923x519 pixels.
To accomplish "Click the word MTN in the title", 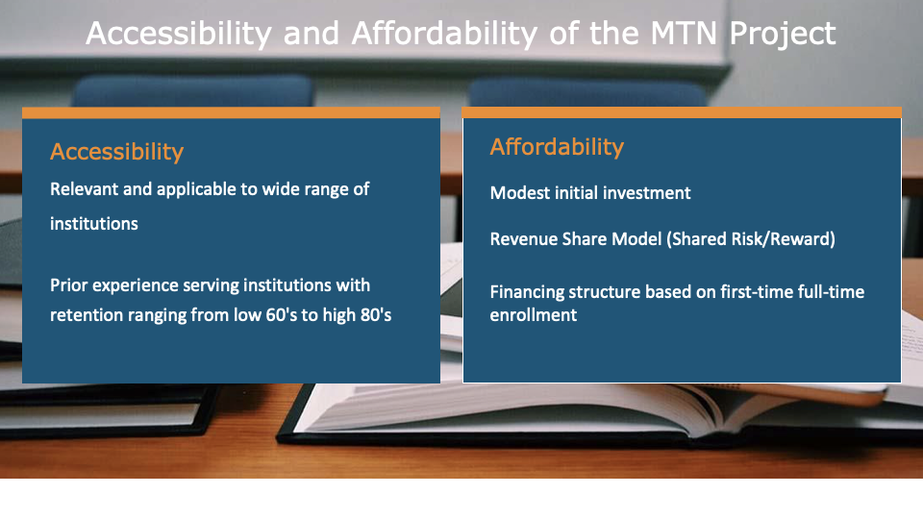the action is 684,33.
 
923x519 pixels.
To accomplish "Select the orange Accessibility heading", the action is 116,152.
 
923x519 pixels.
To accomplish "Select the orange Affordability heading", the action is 557,147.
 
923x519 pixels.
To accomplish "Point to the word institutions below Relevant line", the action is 94,224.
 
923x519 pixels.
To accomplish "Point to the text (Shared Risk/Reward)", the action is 751,239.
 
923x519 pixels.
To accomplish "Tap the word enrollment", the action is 534,315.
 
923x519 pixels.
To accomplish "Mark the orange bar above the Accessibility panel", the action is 231,113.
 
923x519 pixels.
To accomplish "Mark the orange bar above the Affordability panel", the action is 682,113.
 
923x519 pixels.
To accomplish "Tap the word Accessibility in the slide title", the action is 179,34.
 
